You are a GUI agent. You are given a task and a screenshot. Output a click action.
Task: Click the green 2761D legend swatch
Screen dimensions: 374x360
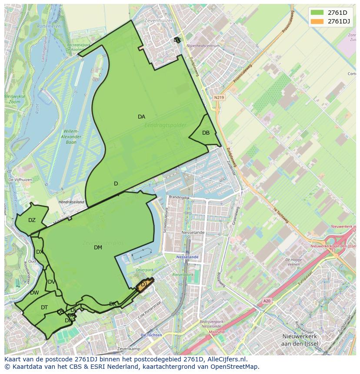(317, 13)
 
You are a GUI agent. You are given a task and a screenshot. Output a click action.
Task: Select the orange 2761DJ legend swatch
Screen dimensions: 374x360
(317, 21)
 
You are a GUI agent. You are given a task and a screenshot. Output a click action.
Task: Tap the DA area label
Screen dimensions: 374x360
(141, 117)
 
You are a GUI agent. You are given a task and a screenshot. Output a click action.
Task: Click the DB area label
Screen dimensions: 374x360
(206, 133)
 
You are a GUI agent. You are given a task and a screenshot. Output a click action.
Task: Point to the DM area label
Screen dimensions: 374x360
(98, 248)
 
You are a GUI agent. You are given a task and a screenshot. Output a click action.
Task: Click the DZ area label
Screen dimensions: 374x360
(32, 220)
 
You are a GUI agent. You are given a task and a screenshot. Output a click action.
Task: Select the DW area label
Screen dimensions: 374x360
(34, 293)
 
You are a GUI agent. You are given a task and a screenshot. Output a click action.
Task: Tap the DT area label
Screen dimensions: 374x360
(44, 308)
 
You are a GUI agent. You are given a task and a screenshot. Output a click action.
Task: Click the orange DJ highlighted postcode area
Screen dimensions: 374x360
(144, 285)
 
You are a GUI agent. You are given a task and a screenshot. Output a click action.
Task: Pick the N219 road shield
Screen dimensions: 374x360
(219, 98)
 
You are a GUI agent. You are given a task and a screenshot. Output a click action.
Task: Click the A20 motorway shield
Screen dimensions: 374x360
(267, 301)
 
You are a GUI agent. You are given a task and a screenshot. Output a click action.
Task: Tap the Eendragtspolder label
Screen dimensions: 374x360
(165, 125)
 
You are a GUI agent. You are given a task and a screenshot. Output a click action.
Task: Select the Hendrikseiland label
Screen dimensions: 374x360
(71, 202)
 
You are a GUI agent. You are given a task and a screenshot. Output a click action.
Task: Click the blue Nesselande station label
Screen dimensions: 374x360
(187, 257)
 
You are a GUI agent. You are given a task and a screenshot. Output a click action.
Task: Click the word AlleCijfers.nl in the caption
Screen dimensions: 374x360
(224, 359)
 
